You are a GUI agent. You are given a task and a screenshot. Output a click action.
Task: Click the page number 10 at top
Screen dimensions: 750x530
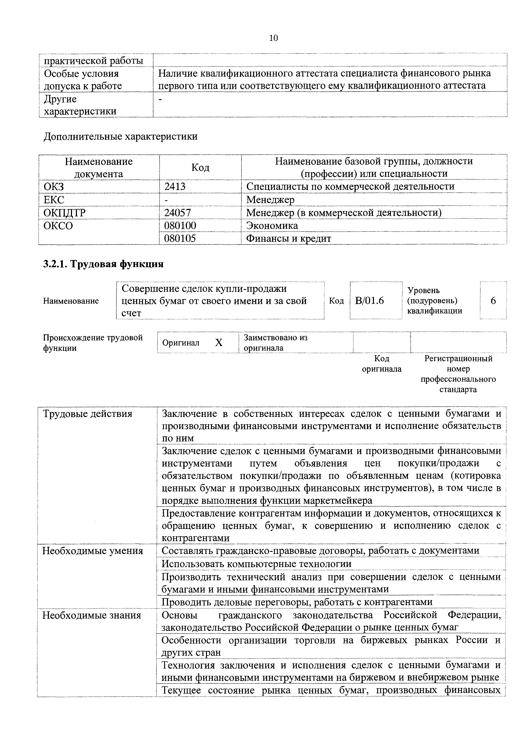[x=273, y=38]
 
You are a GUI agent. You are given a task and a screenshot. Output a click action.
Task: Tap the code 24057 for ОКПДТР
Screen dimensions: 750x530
[x=177, y=213]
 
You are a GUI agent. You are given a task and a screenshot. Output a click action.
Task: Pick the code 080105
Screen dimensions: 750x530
[x=180, y=238]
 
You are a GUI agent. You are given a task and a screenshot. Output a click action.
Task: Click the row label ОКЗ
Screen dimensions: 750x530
[x=54, y=186]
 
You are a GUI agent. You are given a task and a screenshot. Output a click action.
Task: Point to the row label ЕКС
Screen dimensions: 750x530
[x=54, y=200]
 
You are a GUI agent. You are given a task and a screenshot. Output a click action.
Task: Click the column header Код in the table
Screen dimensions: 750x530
[x=200, y=168]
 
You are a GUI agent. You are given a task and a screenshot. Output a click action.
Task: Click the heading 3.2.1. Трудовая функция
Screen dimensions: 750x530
[x=103, y=264]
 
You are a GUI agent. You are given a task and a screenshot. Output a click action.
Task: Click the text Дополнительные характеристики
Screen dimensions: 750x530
[x=121, y=136]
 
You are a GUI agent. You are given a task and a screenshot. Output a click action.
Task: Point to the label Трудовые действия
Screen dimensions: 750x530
[x=88, y=414]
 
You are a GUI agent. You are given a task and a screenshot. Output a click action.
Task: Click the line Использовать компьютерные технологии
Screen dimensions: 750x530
[x=257, y=564]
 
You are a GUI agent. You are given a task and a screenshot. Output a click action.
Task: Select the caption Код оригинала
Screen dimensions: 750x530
[x=381, y=364]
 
